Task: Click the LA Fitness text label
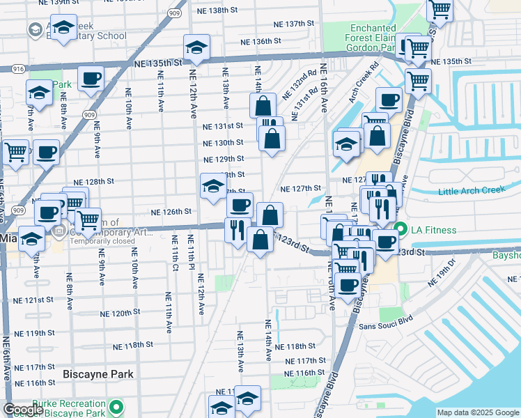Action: coord(433,230)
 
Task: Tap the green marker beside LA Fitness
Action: coord(401,230)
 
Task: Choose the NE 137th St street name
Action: coord(295,24)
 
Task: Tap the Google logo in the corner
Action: coord(23,409)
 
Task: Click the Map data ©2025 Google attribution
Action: coord(477,412)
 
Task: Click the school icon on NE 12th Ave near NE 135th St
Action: coord(196,49)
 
